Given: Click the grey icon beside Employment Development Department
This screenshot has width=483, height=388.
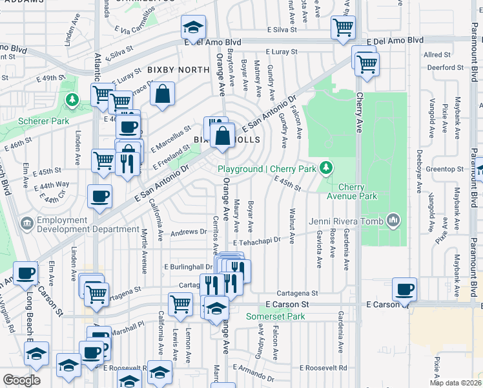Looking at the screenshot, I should (x=27, y=224).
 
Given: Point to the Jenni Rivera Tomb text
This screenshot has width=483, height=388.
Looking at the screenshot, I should (x=346, y=222).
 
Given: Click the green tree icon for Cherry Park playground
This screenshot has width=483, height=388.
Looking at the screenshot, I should (x=327, y=168).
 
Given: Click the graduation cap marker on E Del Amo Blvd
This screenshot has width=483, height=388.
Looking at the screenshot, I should (x=193, y=27).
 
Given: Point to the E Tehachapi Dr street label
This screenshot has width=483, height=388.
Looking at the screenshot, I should (x=258, y=241).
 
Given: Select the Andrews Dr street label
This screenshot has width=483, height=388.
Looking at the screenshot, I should (x=189, y=232).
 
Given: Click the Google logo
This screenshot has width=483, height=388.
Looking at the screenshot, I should (x=21, y=380).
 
